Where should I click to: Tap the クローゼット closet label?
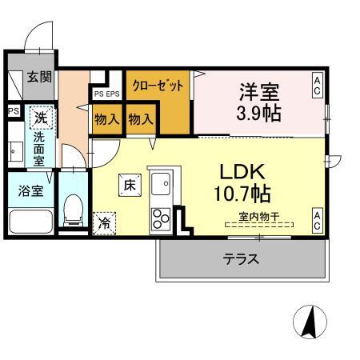(x=158, y=85)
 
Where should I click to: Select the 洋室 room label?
(x=258, y=90)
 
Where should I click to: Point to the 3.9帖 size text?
(x=258, y=113)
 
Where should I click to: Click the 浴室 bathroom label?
(x=21, y=190)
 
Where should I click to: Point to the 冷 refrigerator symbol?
(x=105, y=223)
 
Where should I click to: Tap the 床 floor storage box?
(x=129, y=185)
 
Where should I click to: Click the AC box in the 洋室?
(x=318, y=85)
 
